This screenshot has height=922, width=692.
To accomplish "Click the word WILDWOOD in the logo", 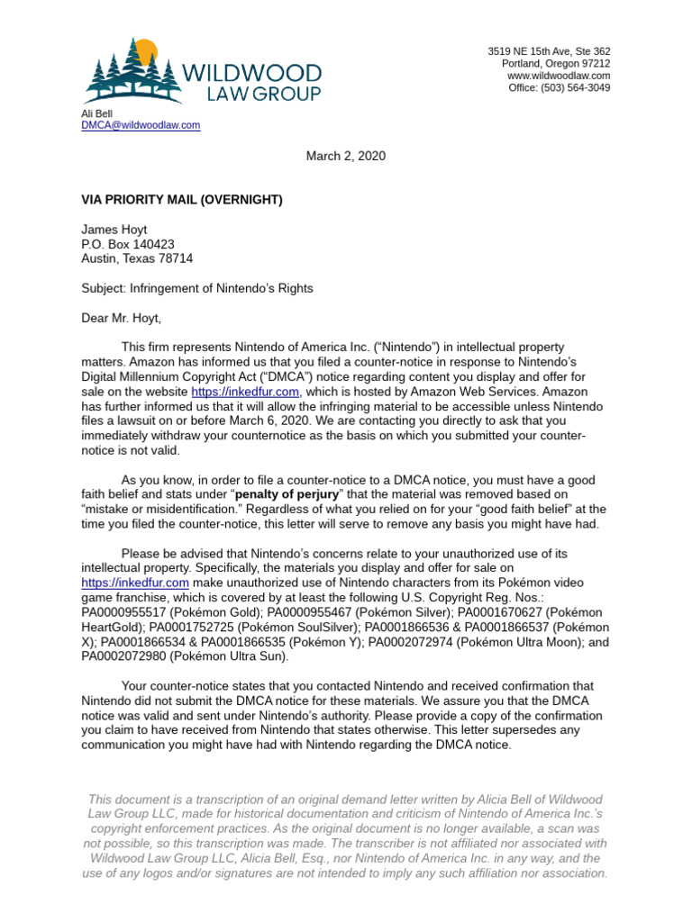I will pos(250,73).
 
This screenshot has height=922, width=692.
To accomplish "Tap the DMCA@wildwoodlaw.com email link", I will pos(141,125).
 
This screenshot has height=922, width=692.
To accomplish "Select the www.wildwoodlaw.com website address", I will pos(559,76).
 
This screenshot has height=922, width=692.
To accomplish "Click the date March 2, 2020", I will pos(345,156).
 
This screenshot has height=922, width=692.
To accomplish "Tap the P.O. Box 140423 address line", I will pos(128,244).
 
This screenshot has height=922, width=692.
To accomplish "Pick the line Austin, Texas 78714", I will pos(137,258).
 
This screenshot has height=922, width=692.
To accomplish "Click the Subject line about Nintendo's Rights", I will pos(197,288).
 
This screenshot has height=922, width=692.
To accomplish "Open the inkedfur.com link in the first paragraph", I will pos(245,392).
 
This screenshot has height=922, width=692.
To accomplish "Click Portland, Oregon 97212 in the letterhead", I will pos(555,64).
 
